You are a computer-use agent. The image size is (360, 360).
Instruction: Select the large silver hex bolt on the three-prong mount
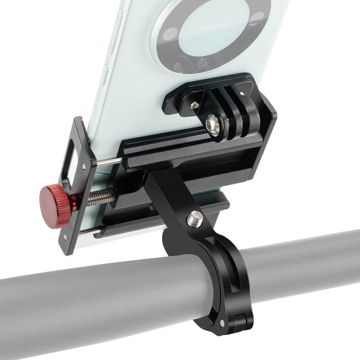pyautogui.click(x=214, y=124)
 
